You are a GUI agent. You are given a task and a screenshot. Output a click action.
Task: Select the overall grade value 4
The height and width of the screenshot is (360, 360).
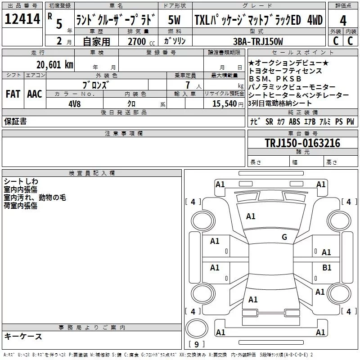[x=343, y=21]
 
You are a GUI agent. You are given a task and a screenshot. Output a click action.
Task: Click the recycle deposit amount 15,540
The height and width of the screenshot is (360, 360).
[x=224, y=103]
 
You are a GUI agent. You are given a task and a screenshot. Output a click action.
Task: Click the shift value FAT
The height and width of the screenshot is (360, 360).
[x=13, y=94]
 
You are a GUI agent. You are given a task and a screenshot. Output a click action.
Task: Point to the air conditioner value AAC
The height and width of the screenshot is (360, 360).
[x=35, y=94]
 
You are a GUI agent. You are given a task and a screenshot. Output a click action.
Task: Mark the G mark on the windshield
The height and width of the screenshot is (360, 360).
[x=284, y=237]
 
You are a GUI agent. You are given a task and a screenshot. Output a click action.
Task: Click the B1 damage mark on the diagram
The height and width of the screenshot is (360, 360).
[x=327, y=267]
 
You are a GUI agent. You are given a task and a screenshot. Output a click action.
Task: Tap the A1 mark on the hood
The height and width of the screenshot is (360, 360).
[x=251, y=216]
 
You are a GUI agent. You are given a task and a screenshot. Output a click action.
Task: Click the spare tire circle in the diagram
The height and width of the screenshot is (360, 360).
[x=196, y=329]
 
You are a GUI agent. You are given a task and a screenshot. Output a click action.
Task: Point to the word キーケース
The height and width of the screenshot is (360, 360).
[x=23, y=337]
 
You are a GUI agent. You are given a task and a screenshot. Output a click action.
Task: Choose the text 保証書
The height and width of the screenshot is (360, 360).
[x=15, y=121]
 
